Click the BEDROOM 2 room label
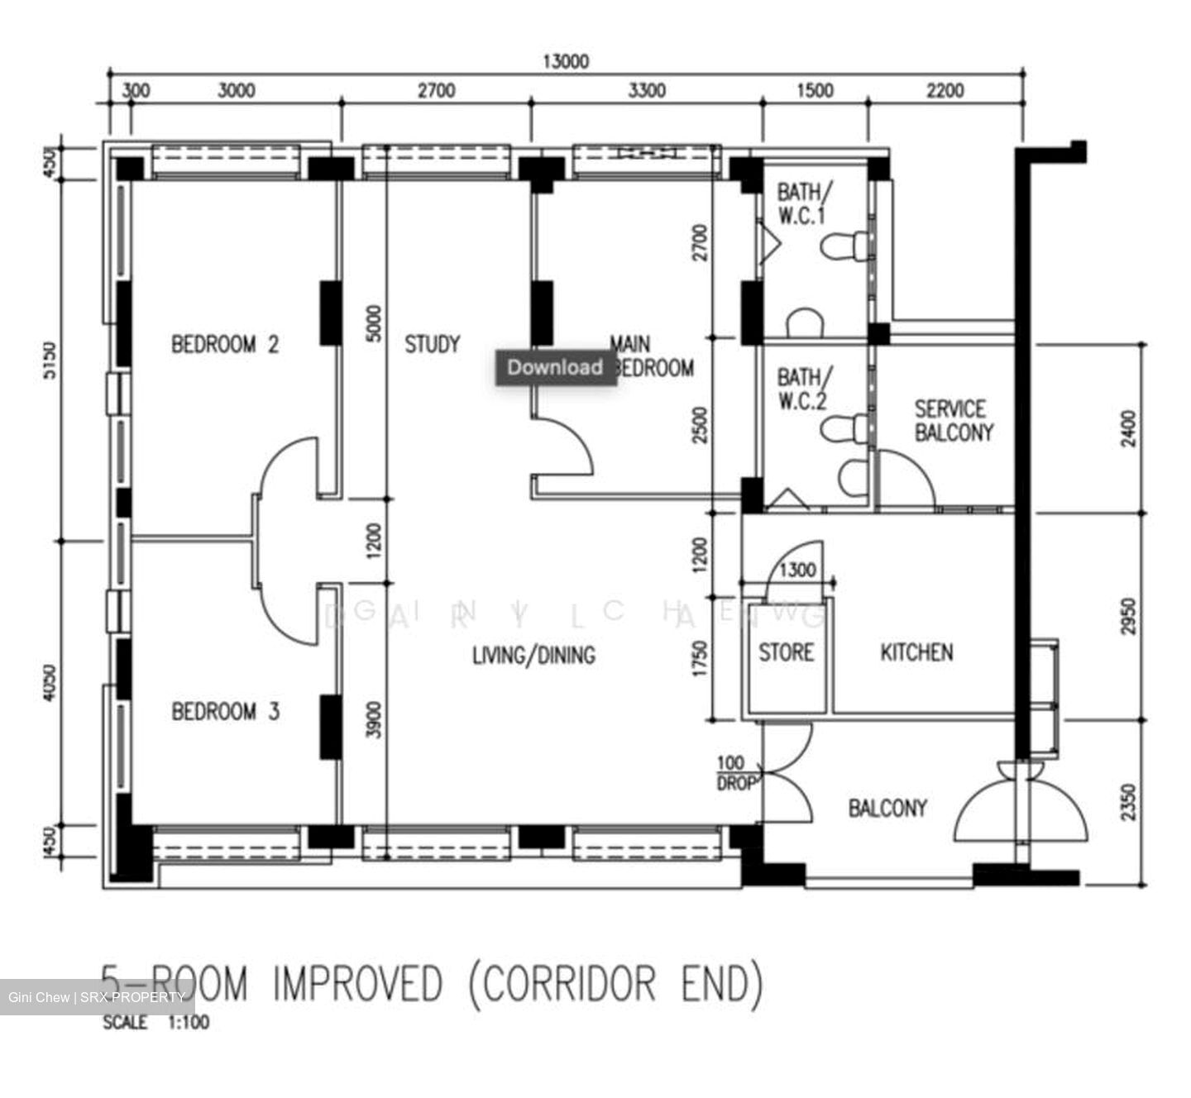225,344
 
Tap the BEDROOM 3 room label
225,711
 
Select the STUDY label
432,344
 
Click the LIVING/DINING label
533,655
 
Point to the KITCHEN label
916,652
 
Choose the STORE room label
786,652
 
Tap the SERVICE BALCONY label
952,420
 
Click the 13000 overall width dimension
566,62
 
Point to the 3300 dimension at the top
646,90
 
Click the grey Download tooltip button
555,367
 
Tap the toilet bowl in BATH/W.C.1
844,246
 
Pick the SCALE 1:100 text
155,1023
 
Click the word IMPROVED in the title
358,983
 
